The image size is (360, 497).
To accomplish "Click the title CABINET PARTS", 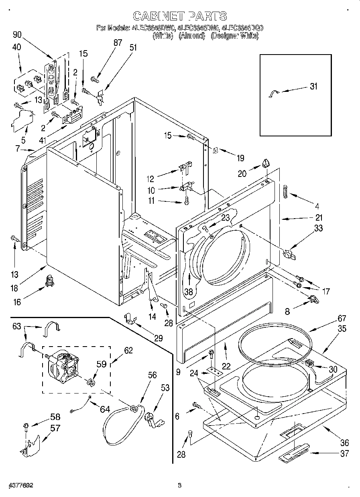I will pos(180,16).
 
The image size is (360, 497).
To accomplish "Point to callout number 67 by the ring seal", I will pos(341,318).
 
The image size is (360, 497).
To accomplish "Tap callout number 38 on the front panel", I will pos(189,292).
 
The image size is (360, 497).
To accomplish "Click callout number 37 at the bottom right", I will pos(344,454).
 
